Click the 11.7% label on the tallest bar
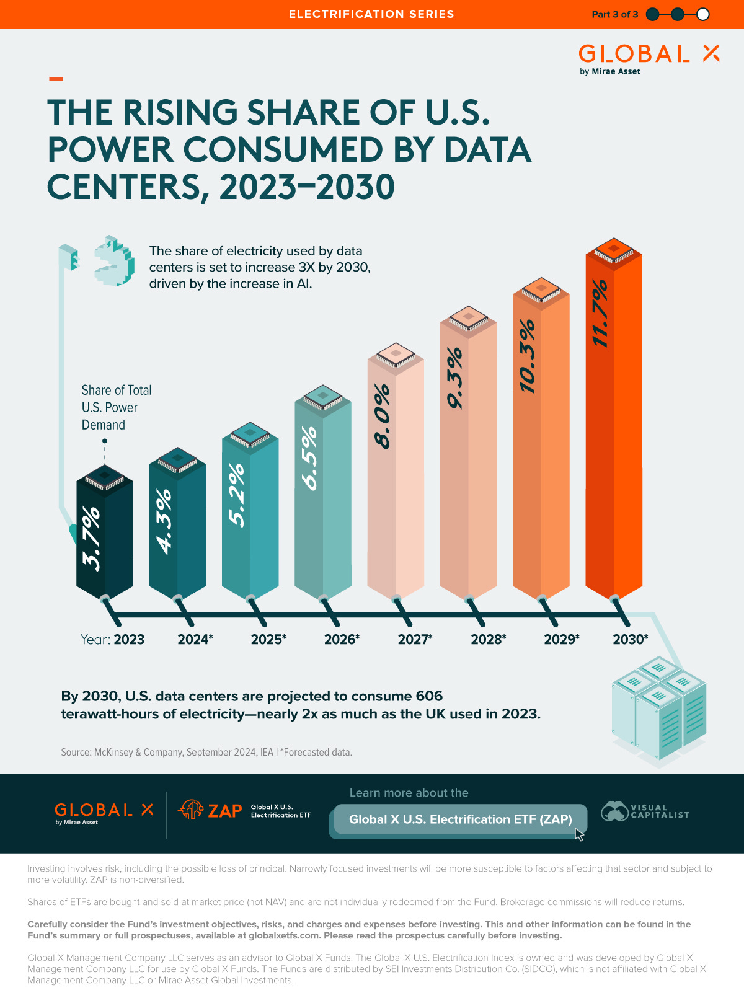tap(600, 313)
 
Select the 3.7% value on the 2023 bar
tap(91, 538)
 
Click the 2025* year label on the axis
tap(268, 639)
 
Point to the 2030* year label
tap(630, 639)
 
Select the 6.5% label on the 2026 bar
tap(309, 458)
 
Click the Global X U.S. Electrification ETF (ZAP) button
tap(460, 819)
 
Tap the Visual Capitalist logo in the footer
tap(645, 811)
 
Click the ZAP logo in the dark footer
tap(211, 810)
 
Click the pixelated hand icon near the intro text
tap(114, 260)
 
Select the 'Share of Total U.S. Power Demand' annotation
tap(116, 407)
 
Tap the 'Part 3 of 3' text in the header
tap(614, 14)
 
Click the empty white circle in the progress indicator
tap(702, 14)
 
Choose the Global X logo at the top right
tap(648, 58)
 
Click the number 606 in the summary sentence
tap(429, 696)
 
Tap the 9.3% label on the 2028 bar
tap(454, 378)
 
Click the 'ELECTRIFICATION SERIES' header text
tap(371, 14)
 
